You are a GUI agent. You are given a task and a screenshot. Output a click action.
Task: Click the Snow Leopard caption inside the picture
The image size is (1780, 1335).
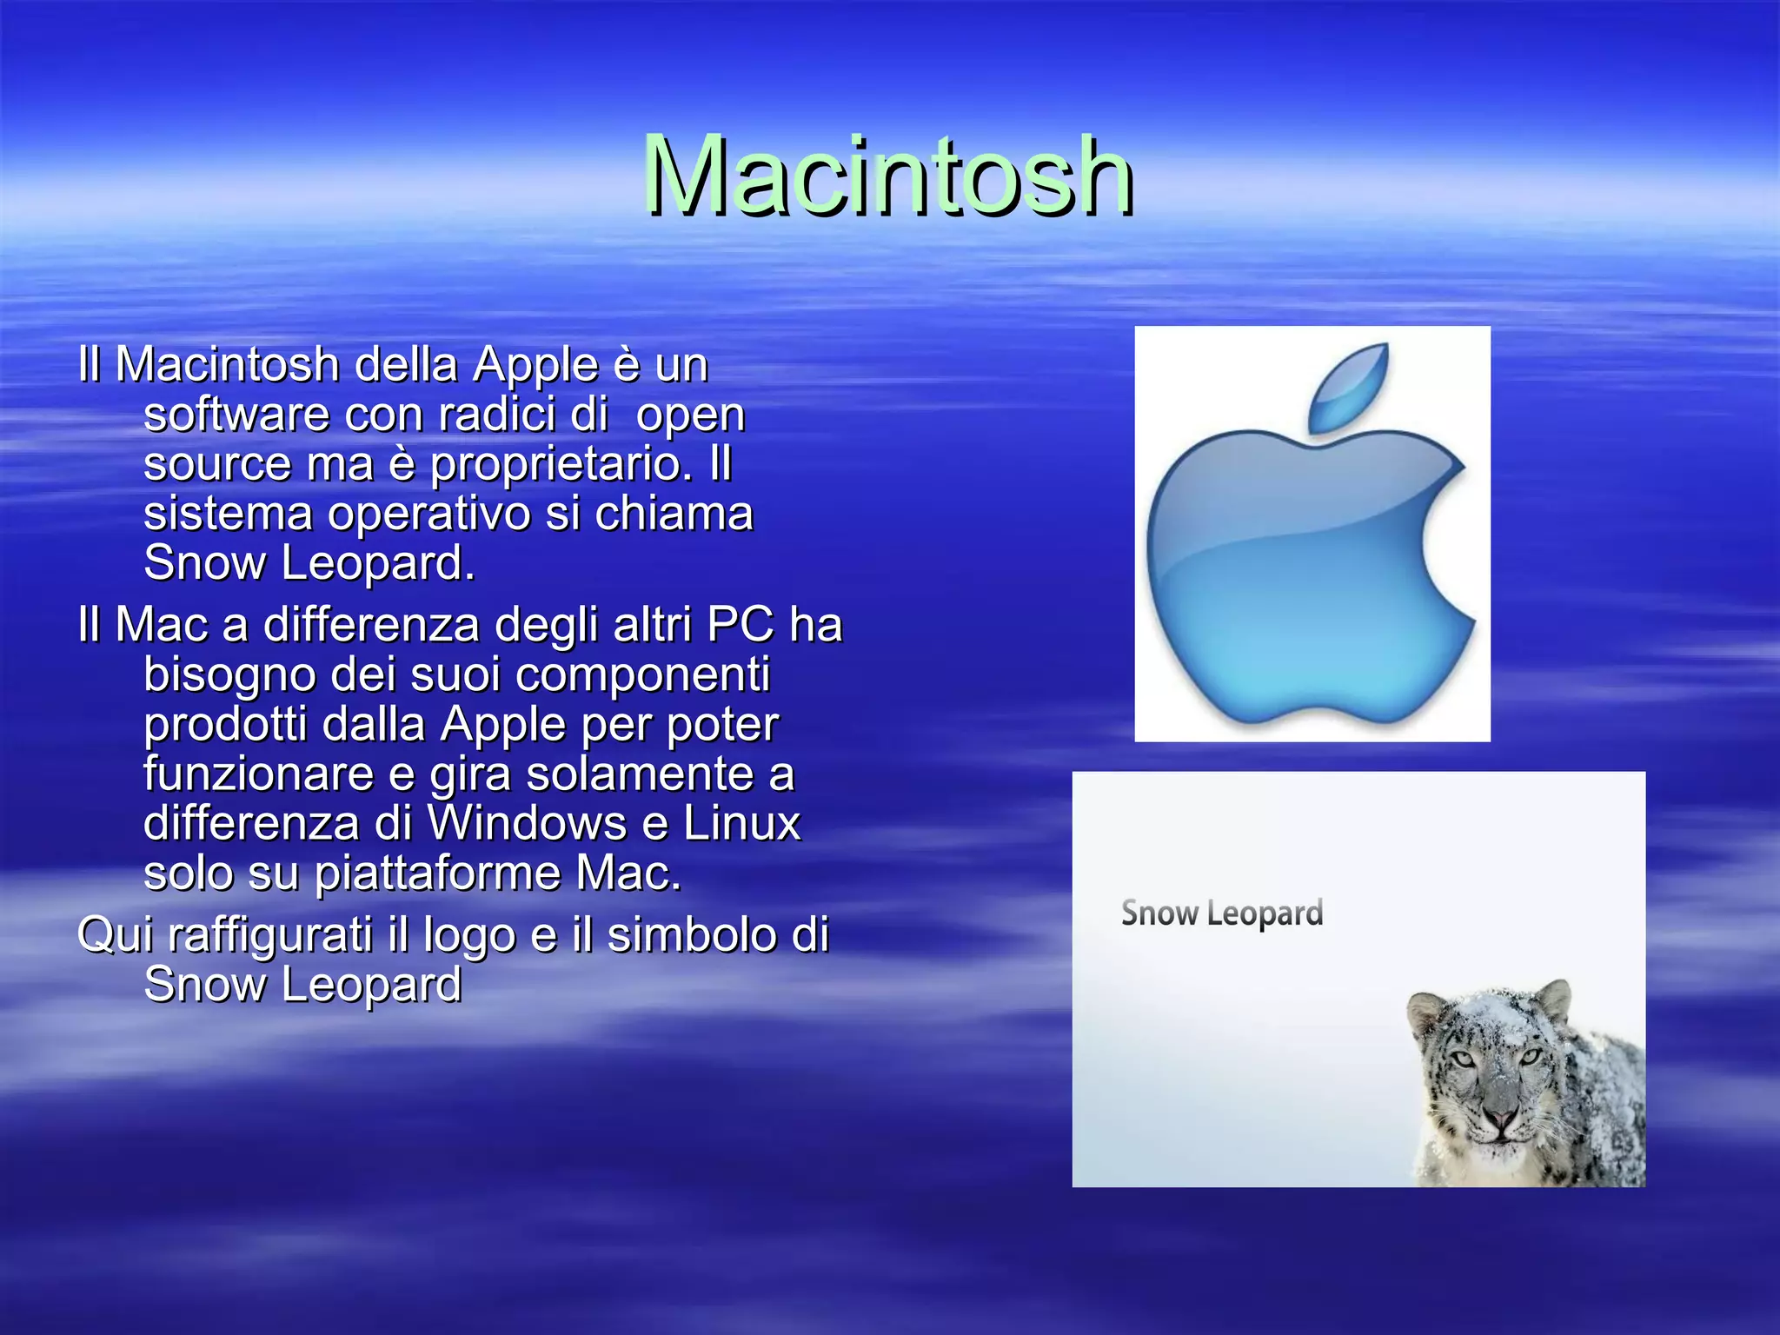point(1221,913)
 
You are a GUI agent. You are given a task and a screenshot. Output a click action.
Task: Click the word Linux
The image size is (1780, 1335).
point(741,823)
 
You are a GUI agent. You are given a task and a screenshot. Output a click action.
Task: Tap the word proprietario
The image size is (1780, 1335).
point(561,464)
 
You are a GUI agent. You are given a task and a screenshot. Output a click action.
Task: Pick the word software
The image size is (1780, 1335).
point(236,415)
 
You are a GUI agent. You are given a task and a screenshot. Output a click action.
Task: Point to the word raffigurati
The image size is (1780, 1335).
point(269,936)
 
